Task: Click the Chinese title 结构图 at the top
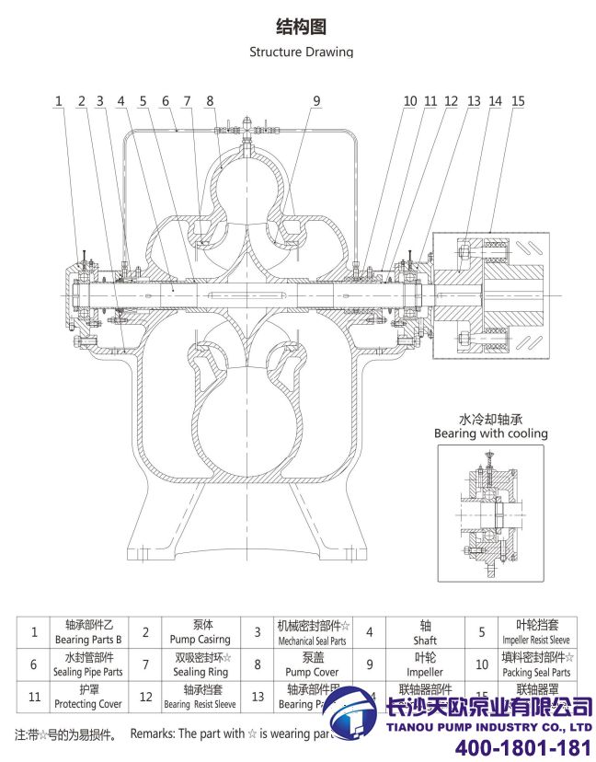301,27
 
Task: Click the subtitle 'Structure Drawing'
301,52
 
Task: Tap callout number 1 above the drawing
58,101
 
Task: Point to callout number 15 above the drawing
517,101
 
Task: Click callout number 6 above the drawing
166,101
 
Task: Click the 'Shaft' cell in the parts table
425,632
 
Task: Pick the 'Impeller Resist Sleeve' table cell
536,632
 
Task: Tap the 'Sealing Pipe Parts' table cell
88,665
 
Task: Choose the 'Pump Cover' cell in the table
313,665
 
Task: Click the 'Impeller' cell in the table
425,665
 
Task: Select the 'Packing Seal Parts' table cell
536,665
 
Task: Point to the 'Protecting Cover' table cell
88,697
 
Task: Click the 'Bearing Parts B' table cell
88,632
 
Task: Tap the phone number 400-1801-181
522,747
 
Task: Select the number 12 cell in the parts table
145,697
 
